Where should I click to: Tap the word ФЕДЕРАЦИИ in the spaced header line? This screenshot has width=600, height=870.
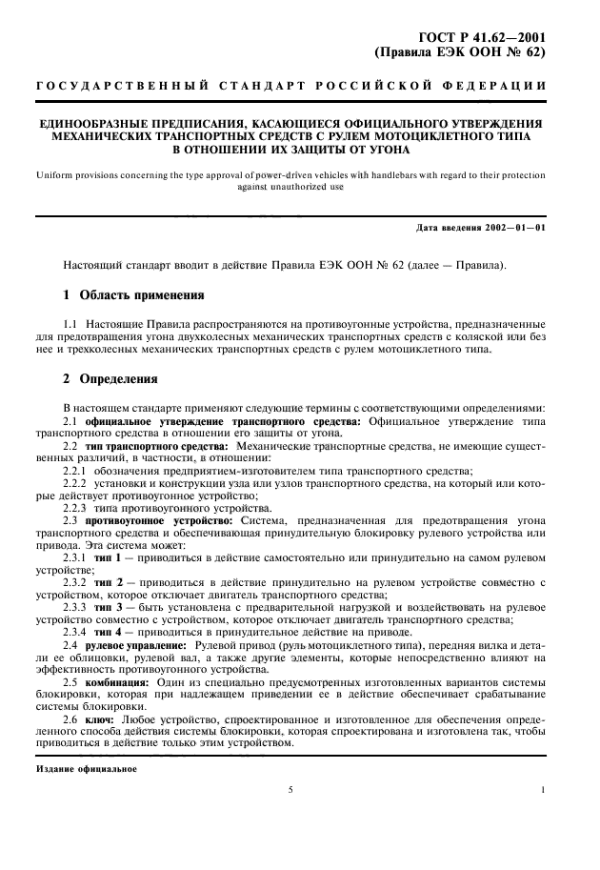pos(499,87)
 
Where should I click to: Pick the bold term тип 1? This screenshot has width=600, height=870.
pos(103,556)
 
